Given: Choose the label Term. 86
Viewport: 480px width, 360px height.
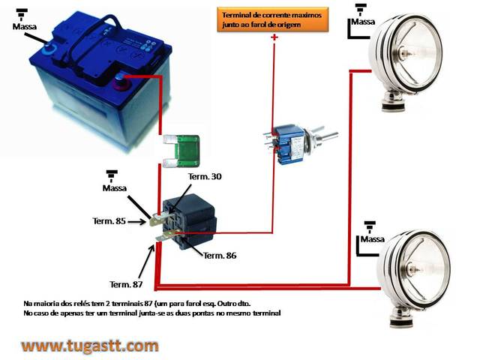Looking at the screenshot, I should point(220,256).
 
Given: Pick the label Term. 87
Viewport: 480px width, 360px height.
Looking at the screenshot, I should point(126,283).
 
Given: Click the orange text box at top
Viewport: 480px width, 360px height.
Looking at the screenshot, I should point(274,19).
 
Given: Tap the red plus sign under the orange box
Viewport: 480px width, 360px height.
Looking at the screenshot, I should point(274,37).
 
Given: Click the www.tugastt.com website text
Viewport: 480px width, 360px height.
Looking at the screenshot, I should point(90,346).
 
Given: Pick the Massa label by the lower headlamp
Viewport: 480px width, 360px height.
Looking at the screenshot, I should point(372,239).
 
